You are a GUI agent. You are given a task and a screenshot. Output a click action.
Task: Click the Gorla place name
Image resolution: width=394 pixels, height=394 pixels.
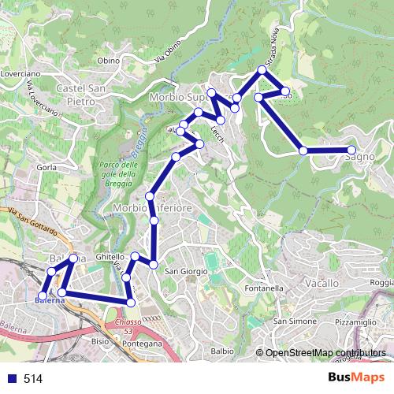tap(45, 168)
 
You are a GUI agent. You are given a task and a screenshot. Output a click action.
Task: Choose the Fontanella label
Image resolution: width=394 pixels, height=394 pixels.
tap(263, 288)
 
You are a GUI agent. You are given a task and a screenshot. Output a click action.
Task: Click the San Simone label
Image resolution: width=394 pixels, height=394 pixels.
tap(290, 322)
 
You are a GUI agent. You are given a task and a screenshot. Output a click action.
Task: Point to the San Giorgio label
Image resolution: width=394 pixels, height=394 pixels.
tap(186, 272)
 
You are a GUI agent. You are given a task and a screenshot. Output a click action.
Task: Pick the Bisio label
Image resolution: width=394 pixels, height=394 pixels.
tap(100, 342)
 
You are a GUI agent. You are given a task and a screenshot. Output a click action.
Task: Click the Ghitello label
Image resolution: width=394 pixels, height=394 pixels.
tap(110, 258)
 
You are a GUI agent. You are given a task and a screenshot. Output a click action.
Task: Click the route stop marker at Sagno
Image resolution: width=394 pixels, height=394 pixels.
tap(351, 150)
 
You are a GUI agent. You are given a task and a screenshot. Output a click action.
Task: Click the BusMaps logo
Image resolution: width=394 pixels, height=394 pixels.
tap(357, 378)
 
